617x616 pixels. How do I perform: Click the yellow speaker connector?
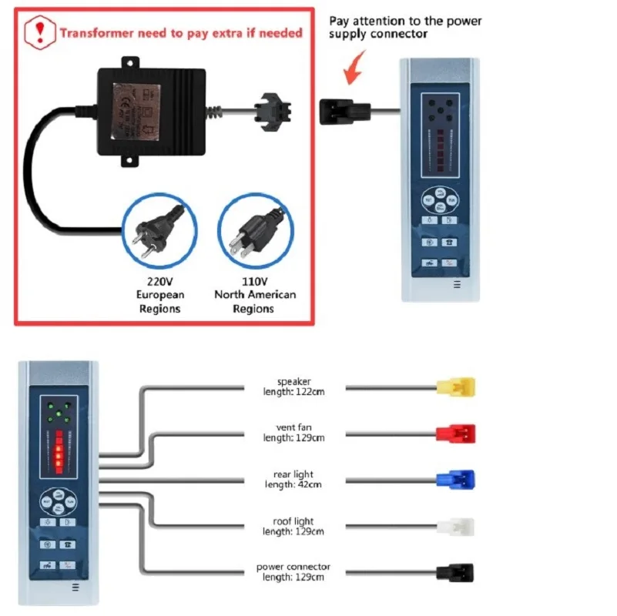[455, 387]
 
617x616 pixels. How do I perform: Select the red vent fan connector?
[455, 433]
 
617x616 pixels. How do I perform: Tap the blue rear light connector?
[455, 479]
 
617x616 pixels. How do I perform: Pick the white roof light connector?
[455, 527]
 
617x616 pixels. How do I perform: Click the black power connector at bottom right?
[454, 573]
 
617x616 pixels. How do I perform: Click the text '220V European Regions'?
[160, 295]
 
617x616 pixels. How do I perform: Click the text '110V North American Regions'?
[254, 295]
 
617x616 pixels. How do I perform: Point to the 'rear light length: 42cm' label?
[293, 479]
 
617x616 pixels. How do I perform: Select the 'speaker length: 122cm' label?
[293, 387]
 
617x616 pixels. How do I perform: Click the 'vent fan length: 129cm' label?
[293, 433]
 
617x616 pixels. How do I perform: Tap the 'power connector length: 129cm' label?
[293, 572]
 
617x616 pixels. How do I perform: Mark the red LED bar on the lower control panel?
[58, 451]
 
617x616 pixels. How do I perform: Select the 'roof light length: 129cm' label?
[293, 527]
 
